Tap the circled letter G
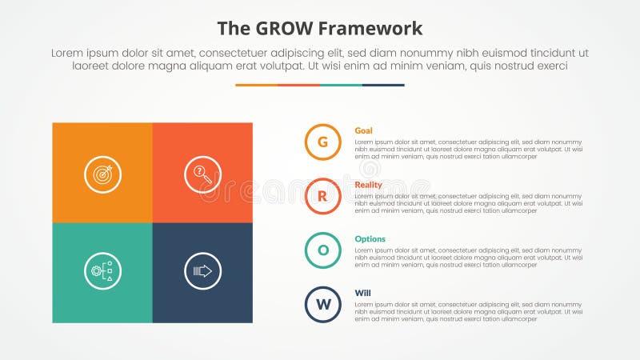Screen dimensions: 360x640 tap(323, 142)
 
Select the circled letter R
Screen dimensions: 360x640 tap(323, 196)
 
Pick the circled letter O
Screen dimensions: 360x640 tap(323, 250)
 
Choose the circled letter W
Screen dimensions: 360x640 tap(323, 304)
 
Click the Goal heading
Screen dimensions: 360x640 tap(363, 130)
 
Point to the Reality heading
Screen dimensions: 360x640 tap(368, 185)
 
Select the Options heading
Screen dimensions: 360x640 tap(370, 239)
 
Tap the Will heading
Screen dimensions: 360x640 tap(362, 293)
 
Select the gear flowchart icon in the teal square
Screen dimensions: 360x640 tap(102, 272)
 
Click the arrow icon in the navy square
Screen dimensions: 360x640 tap(202, 272)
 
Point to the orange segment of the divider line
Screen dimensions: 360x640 tap(256, 85)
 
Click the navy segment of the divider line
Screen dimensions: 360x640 tap(383, 85)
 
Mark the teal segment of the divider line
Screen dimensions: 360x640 tap(341, 85)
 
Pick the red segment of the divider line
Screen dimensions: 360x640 tap(298, 85)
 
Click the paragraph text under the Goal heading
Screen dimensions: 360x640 tap(468, 148)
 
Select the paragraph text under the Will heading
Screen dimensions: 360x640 tap(468, 310)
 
